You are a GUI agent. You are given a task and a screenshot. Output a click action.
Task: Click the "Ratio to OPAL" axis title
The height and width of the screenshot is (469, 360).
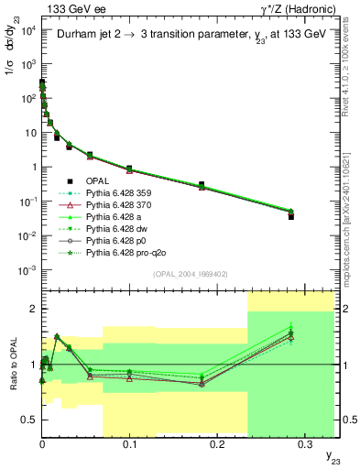tap(12, 365)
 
